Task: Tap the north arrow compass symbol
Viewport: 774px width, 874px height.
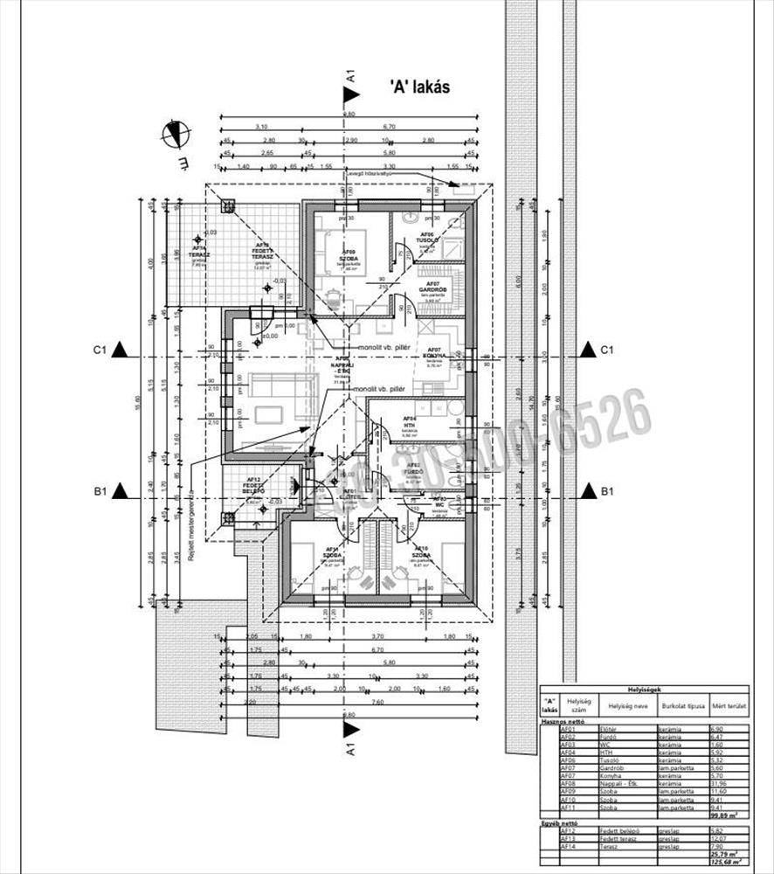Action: pos(176,134)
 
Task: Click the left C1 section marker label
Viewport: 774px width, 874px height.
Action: pos(99,350)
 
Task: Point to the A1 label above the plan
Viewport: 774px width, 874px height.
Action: pos(350,77)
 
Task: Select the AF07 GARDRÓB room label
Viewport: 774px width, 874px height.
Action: pos(431,288)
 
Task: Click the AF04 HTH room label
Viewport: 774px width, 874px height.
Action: pos(409,422)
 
